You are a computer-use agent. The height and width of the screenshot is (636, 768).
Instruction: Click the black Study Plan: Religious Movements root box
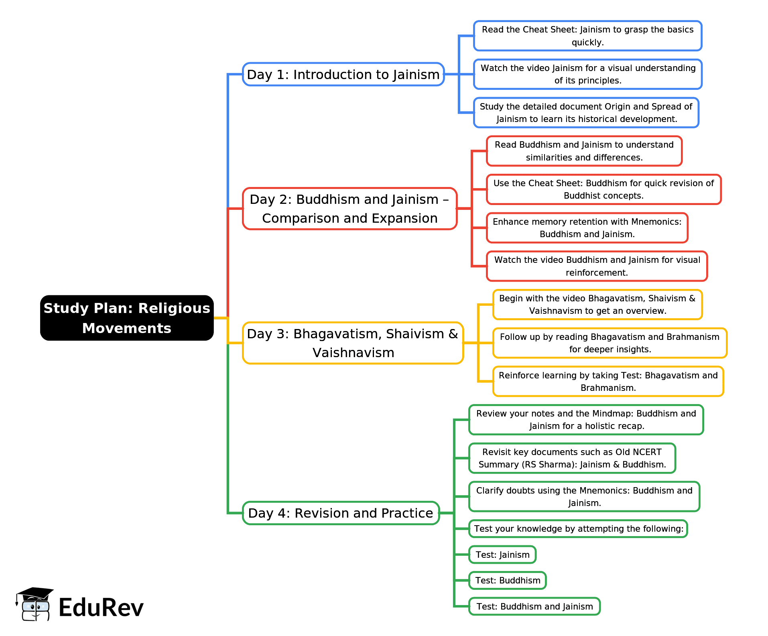[127, 318]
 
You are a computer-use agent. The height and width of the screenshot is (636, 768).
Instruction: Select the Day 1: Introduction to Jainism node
[343, 75]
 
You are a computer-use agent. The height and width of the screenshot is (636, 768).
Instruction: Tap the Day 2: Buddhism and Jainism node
[349, 209]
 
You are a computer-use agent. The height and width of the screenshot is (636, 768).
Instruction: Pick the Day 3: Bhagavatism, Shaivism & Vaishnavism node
[353, 343]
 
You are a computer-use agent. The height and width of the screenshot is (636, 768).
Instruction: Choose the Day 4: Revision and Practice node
[341, 513]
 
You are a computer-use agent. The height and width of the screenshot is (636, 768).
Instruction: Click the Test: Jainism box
[502, 555]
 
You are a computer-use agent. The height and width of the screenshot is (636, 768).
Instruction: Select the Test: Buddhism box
[508, 580]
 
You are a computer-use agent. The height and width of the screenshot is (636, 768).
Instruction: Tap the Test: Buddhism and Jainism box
[534, 606]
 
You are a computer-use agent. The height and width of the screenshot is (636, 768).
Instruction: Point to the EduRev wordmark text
[101, 608]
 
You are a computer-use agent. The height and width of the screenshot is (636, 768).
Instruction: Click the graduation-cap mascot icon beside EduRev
[34, 604]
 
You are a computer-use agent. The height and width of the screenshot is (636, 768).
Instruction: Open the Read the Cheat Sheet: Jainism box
[587, 36]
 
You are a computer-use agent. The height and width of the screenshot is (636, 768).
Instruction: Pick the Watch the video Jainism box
[587, 74]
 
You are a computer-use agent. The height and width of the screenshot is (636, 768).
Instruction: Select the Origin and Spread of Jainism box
[586, 113]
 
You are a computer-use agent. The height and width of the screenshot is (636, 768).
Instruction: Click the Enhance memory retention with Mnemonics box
[587, 228]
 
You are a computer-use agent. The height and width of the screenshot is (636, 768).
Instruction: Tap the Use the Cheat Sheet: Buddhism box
[603, 189]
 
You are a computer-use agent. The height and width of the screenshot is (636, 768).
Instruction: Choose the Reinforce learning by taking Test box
[608, 382]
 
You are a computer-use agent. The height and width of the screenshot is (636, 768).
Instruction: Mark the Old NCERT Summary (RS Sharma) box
[572, 458]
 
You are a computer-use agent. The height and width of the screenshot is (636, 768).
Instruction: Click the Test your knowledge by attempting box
[578, 528]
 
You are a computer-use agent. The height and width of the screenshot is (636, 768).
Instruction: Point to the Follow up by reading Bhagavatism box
[610, 343]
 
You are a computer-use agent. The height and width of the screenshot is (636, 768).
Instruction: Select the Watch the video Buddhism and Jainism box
[597, 266]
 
